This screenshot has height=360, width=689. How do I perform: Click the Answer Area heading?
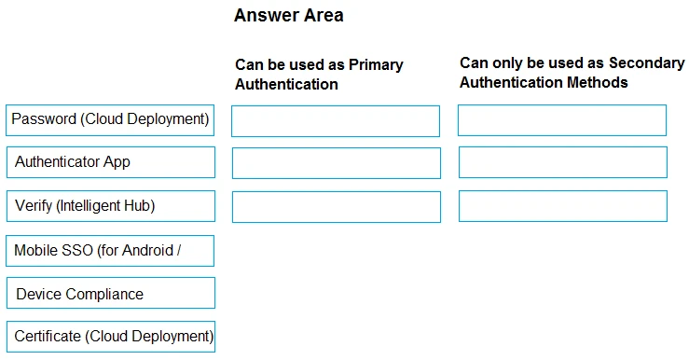(x=288, y=15)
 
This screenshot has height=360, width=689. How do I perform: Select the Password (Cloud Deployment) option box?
(x=110, y=119)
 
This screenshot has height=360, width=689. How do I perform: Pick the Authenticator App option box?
(x=110, y=162)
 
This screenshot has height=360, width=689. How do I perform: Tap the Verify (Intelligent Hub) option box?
(x=110, y=206)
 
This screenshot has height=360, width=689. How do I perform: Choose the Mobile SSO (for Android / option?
(x=110, y=250)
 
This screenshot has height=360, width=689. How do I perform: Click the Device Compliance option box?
(x=110, y=294)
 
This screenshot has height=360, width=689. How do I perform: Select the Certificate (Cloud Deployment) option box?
(x=110, y=337)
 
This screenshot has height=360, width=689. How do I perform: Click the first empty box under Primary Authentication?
(x=336, y=121)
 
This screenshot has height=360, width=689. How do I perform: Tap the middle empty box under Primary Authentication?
(x=336, y=163)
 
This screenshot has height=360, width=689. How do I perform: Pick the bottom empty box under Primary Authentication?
(x=336, y=206)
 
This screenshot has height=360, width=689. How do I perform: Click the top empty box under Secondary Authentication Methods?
(x=562, y=120)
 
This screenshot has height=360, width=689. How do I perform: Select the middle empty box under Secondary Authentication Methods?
(x=562, y=162)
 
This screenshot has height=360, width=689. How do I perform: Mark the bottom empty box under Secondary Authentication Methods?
(x=562, y=206)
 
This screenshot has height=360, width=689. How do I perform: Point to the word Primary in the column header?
(x=376, y=64)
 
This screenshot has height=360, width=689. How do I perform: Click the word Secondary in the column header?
(x=646, y=62)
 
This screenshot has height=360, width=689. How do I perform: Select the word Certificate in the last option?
(x=48, y=337)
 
